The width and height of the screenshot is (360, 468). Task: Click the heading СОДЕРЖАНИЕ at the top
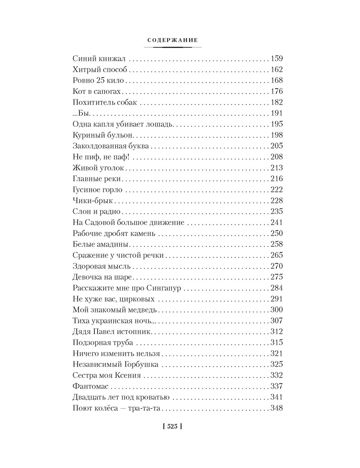(173, 40)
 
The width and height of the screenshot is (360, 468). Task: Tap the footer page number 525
(172, 427)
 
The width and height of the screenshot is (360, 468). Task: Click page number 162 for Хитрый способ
(276, 69)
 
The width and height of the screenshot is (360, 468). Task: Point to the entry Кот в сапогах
(96, 91)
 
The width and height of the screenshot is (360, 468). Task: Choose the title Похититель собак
(105, 102)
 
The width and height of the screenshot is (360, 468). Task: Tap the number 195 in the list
(276, 124)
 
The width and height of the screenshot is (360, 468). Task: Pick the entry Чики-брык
(93, 201)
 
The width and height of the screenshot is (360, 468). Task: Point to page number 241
(276, 222)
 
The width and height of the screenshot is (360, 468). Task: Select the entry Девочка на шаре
(103, 277)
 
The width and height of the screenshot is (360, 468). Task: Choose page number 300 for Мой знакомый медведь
(276, 310)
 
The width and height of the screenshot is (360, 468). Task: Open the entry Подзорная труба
(103, 343)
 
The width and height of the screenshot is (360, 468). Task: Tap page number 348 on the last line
(276, 409)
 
